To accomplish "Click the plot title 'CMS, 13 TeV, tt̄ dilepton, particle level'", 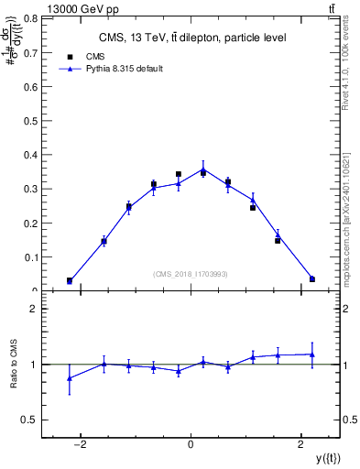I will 191,38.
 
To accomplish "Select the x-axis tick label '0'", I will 191,444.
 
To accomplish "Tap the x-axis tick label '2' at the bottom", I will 301,444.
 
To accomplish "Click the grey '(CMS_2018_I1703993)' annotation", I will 191,273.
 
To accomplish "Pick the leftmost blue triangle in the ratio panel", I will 70,377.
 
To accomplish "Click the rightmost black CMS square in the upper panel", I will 312,278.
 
